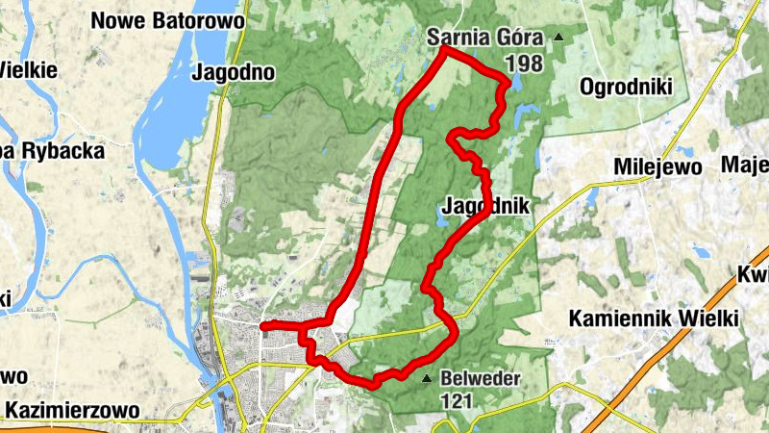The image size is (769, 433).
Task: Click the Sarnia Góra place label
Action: point(484,38)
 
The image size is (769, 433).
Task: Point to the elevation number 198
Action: point(523,64)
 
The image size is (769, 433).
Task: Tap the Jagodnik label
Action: point(486,206)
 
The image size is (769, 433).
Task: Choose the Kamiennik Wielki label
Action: point(653,318)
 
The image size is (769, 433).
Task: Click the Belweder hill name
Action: point(481,378)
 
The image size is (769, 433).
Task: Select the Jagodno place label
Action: point(234,71)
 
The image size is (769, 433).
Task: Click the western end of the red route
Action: point(263,326)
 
